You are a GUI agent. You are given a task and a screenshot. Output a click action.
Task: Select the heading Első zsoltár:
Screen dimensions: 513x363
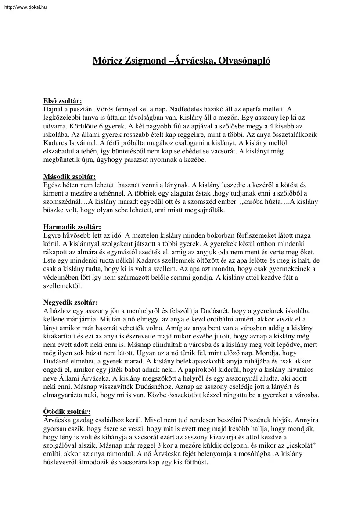(62, 100)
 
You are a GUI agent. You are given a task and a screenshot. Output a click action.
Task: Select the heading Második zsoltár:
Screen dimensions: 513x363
(69, 177)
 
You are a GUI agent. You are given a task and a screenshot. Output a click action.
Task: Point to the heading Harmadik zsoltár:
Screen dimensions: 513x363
(72, 227)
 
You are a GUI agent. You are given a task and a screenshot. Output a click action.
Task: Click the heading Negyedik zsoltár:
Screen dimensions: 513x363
(71, 303)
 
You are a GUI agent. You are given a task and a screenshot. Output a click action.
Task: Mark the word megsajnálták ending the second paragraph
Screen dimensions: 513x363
(202, 210)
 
